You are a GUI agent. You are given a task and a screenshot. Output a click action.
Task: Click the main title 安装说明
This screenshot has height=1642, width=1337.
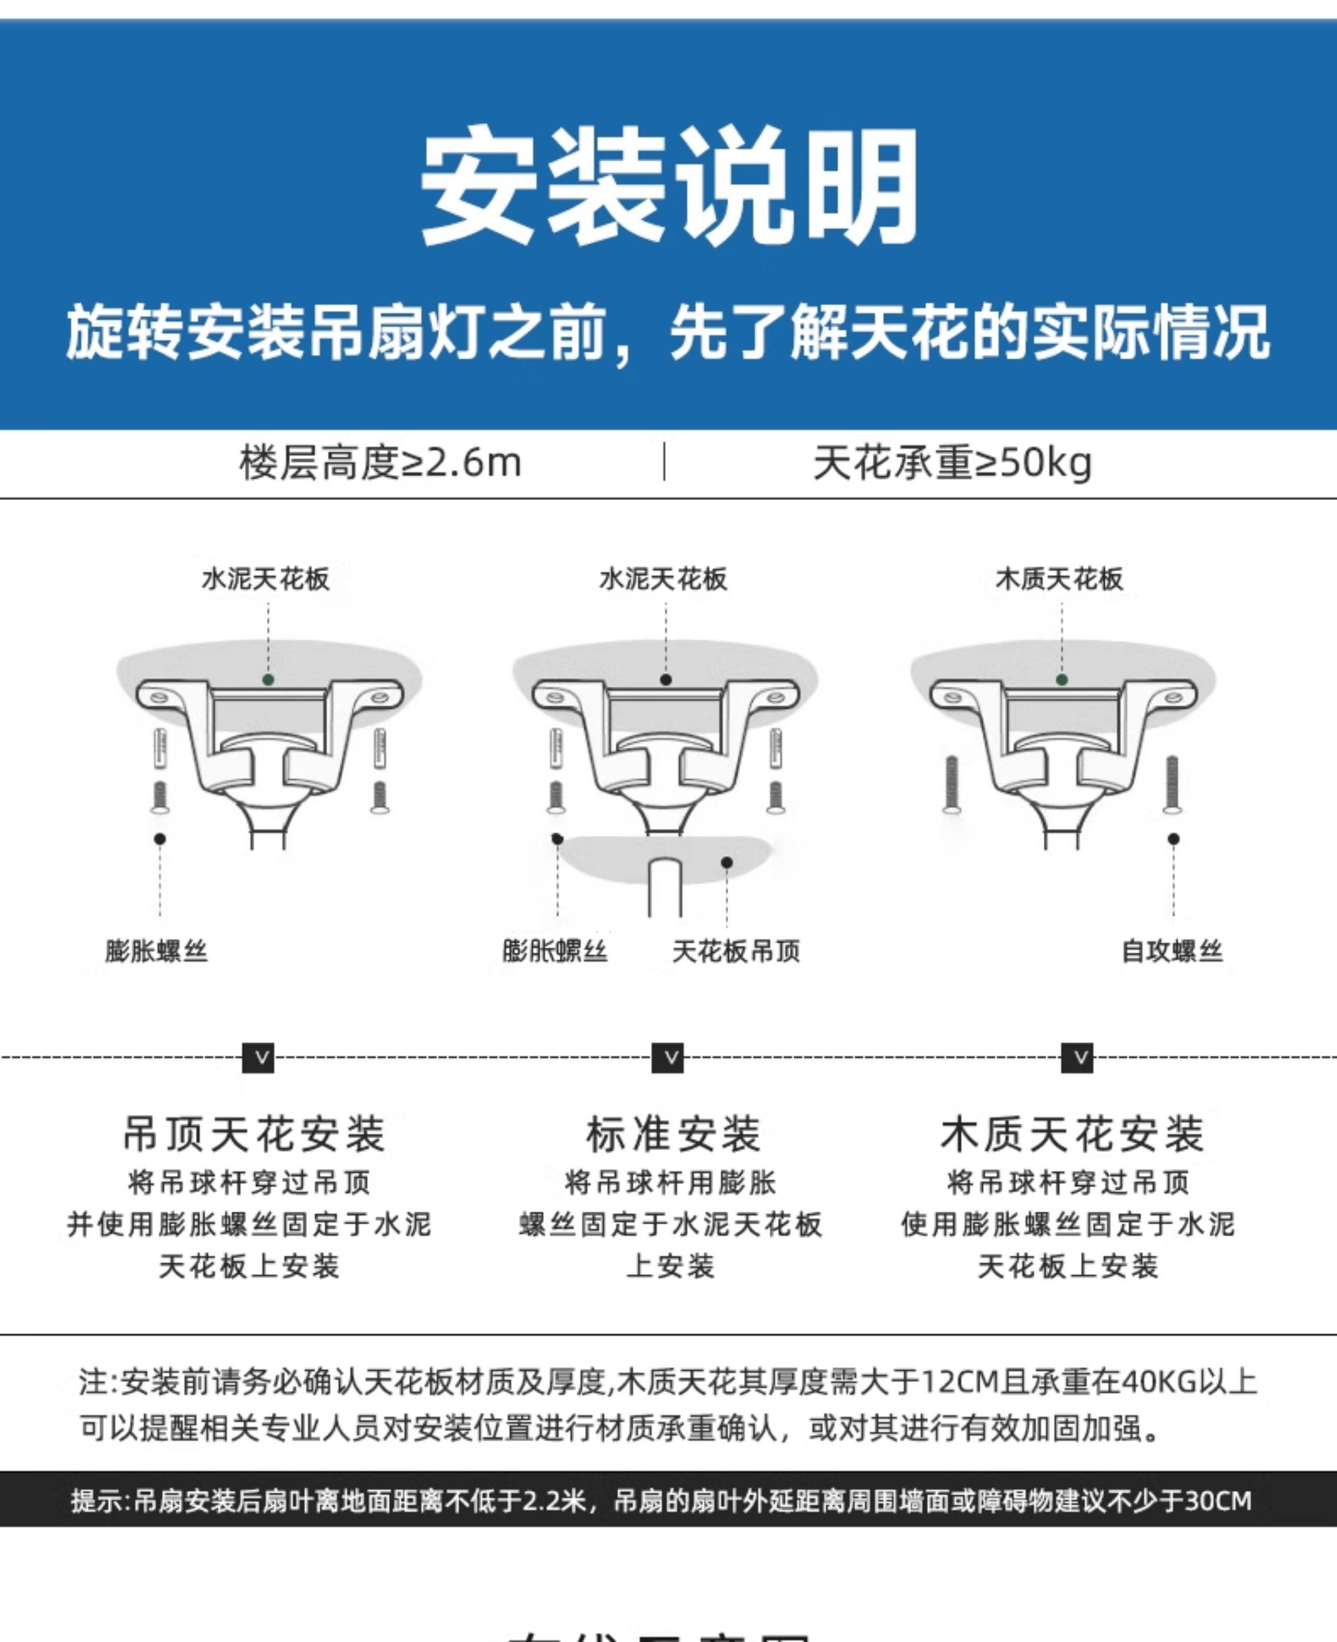pyautogui.click(x=668, y=187)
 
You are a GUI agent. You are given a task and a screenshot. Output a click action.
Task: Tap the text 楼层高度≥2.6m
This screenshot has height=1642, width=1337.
pyautogui.click(x=381, y=463)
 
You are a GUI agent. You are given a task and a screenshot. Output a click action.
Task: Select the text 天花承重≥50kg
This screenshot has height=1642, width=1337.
pyautogui.click(x=952, y=463)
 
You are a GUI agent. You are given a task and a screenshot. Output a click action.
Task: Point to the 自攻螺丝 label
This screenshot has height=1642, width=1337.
pyautogui.click(x=1171, y=951)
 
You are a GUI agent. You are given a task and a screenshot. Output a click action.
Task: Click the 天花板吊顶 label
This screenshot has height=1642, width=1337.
pyautogui.click(x=735, y=951)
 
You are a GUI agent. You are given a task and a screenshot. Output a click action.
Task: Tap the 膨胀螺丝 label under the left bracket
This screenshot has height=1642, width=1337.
pyautogui.click(x=156, y=951)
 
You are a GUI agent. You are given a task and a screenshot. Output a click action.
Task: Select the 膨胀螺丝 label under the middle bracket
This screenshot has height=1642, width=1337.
pyautogui.click(x=555, y=951)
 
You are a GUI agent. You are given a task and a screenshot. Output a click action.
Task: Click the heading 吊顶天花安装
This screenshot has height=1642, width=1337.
pyautogui.click(x=254, y=1134)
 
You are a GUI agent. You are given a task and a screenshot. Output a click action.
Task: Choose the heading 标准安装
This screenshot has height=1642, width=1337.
pyautogui.click(x=673, y=1134)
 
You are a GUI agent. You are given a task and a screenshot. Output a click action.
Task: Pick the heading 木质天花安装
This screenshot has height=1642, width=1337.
pyautogui.click(x=1071, y=1134)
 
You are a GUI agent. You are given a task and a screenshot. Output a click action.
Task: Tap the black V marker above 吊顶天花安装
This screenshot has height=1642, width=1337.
pyautogui.click(x=258, y=1058)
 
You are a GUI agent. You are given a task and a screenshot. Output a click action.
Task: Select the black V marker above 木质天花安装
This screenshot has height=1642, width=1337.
pyautogui.click(x=1077, y=1058)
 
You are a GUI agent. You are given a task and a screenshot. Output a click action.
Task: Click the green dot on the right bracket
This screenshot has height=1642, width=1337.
pyautogui.click(x=1062, y=680)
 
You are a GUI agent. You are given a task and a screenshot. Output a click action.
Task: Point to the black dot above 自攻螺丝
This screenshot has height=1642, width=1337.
pyautogui.click(x=1173, y=838)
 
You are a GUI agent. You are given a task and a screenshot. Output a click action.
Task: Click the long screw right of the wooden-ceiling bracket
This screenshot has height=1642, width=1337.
pyautogui.click(x=1171, y=784)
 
